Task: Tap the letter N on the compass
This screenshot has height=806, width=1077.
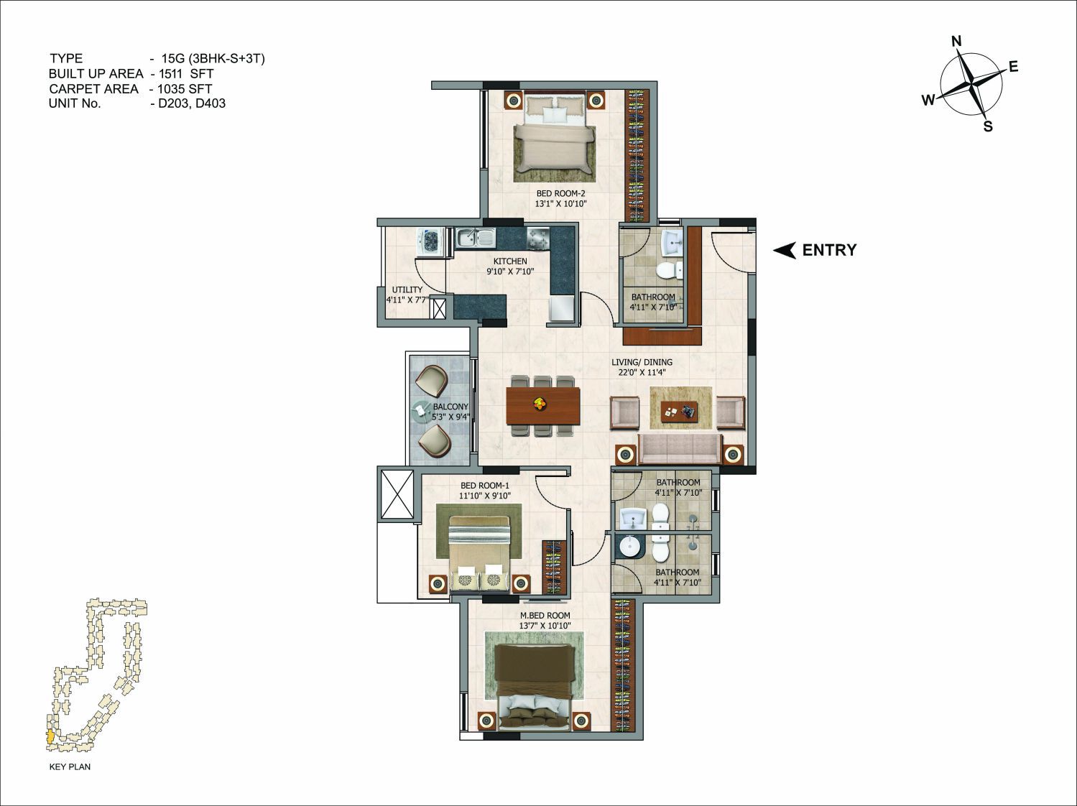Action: point(956,41)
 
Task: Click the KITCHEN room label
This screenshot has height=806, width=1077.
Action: point(510,261)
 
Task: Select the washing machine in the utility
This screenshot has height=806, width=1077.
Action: point(430,241)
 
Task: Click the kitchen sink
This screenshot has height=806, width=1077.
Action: point(476,238)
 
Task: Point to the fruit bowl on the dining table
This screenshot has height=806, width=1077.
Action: point(540,403)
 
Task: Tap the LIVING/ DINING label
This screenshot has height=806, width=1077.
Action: point(642,362)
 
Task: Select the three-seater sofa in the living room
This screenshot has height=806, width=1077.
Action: point(680,448)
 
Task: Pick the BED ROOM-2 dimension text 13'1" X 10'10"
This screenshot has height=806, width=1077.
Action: point(561,203)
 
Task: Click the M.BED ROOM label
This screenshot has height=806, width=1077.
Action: point(545,615)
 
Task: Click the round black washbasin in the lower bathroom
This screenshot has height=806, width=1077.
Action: point(628,546)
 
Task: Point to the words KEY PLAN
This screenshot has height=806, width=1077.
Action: point(70,766)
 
